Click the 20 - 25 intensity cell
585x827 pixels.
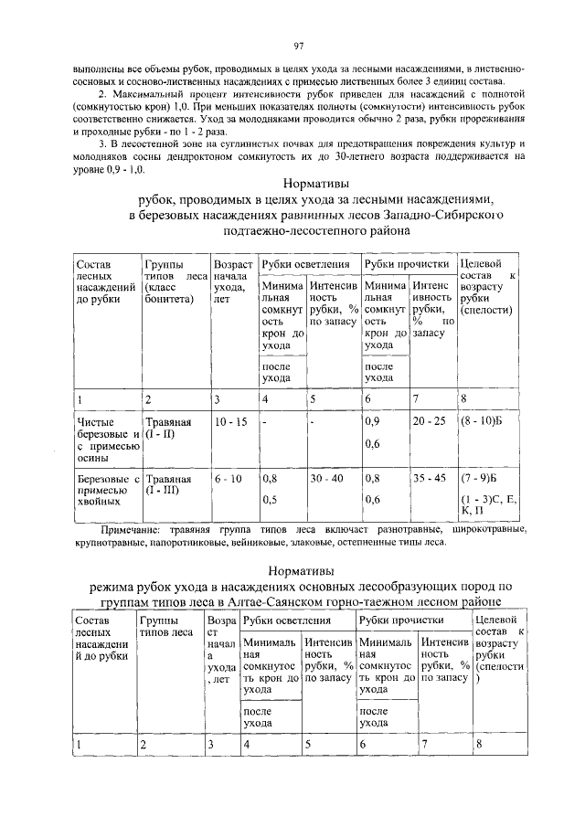(430, 423)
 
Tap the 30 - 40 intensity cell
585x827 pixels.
(326, 477)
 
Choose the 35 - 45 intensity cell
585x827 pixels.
(430, 477)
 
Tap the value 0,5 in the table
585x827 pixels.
(270, 499)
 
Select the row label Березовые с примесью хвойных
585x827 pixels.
(106, 490)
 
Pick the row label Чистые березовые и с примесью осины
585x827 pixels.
(106, 440)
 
